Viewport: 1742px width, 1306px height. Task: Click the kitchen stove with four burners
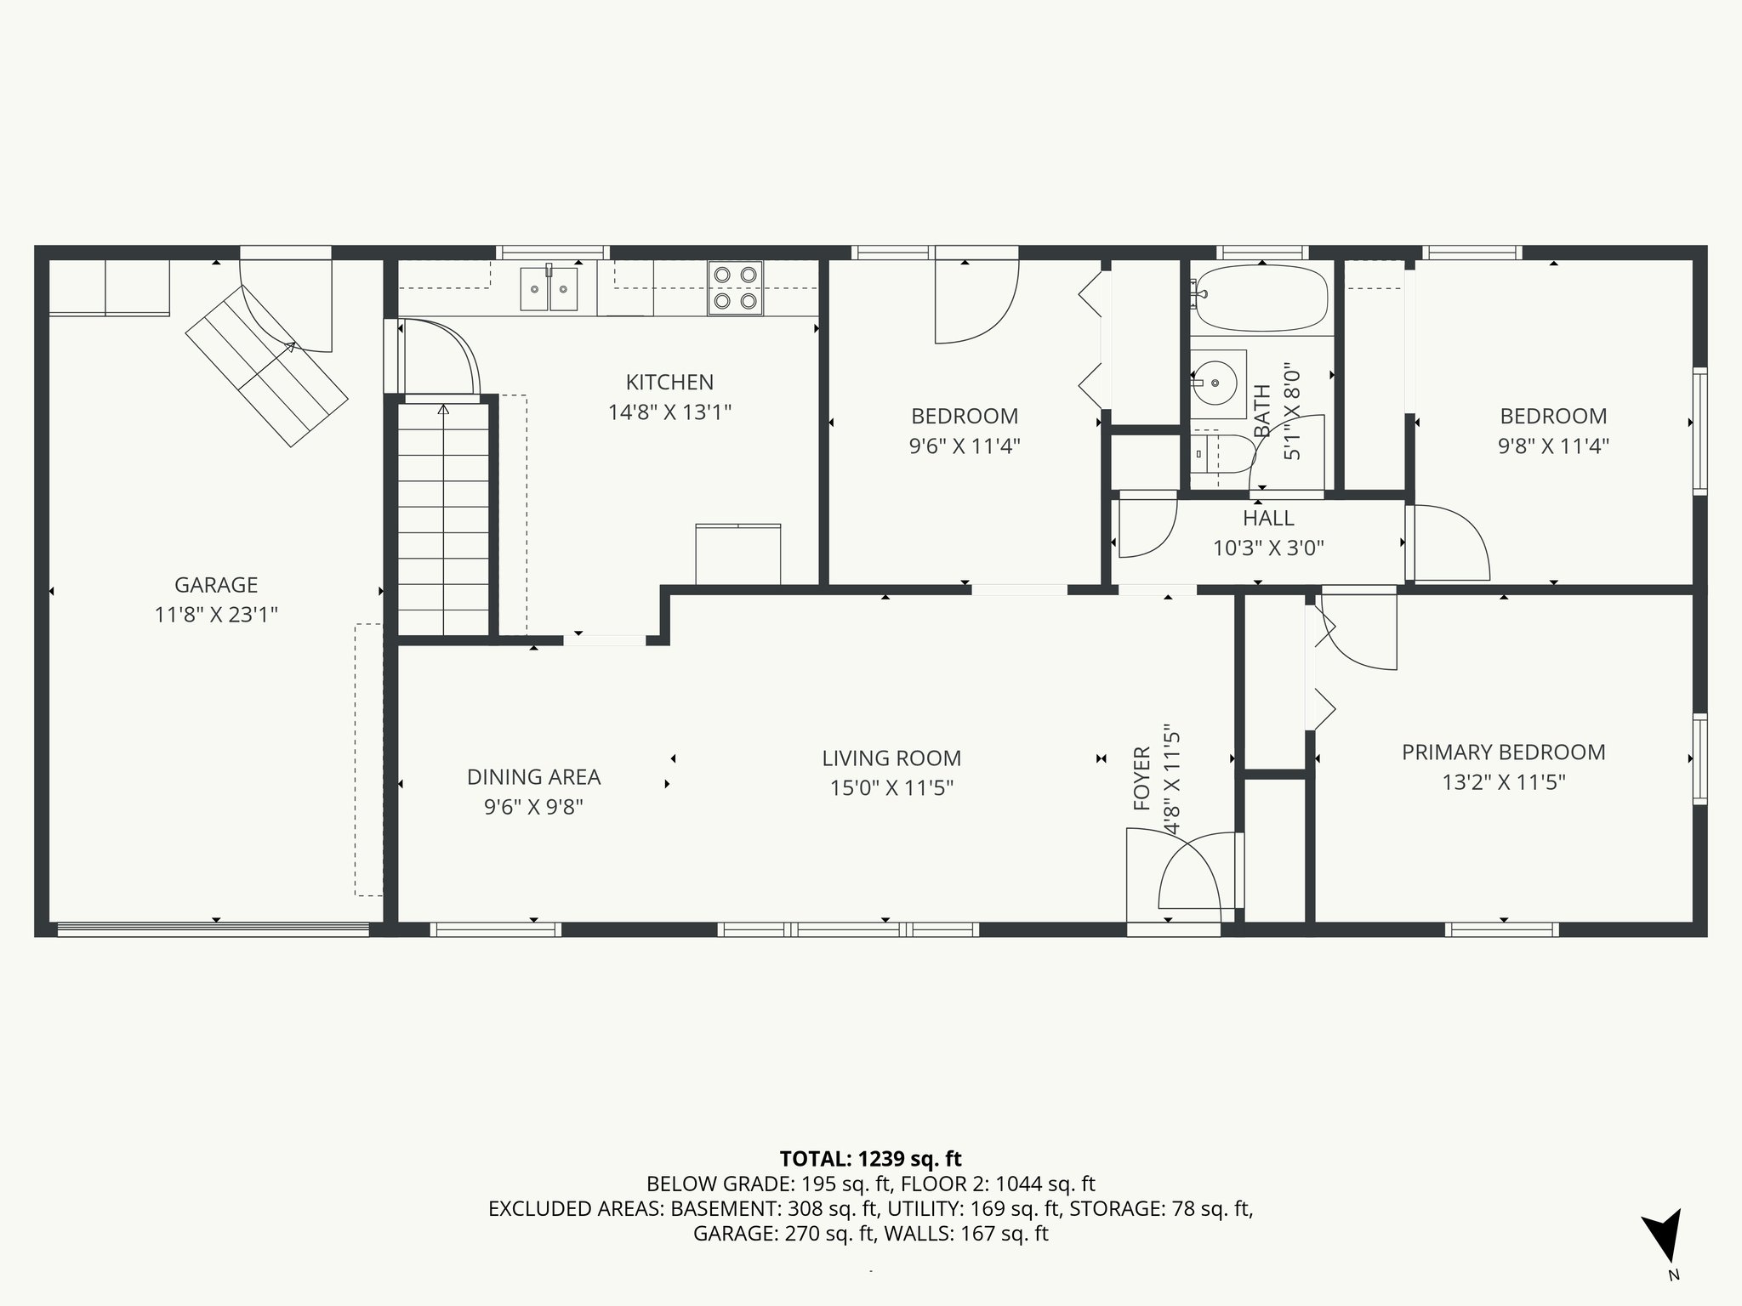(x=736, y=287)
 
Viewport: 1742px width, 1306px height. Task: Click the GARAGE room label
(x=216, y=585)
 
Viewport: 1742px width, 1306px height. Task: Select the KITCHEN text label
(x=669, y=383)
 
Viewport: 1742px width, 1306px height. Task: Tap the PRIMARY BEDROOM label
(x=1504, y=752)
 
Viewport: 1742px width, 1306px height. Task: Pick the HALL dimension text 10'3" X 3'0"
(x=1268, y=548)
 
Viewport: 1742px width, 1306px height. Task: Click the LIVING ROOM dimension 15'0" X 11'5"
(x=891, y=788)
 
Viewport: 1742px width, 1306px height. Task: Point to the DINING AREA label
(x=533, y=777)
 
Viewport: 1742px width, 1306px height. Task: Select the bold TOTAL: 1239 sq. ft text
(x=870, y=1159)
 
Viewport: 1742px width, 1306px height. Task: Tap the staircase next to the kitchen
(x=443, y=519)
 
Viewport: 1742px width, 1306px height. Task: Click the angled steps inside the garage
(x=267, y=366)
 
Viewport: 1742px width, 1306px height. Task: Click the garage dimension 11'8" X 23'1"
(x=216, y=615)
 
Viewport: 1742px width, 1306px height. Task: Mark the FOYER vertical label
(x=1141, y=778)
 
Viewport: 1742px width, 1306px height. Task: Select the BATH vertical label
(x=1262, y=412)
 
